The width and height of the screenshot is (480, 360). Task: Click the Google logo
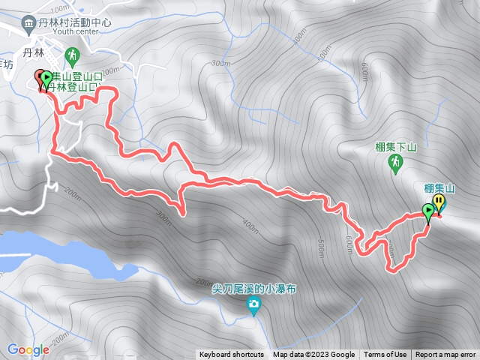point(28,349)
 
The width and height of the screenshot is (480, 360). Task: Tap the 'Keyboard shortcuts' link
point(232,355)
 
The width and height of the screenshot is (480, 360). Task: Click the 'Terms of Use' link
point(385,355)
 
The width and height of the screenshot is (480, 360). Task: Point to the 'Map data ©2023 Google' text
point(313,355)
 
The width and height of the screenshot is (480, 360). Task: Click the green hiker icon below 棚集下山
point(395,162)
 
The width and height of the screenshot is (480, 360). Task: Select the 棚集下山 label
point(395,147)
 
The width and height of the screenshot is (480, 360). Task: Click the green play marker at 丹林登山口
point(47,77)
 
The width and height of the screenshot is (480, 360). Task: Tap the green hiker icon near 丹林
point(72,55)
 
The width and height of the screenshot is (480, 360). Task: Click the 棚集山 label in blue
point(439,187)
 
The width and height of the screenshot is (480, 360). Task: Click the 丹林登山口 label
point(73,87)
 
